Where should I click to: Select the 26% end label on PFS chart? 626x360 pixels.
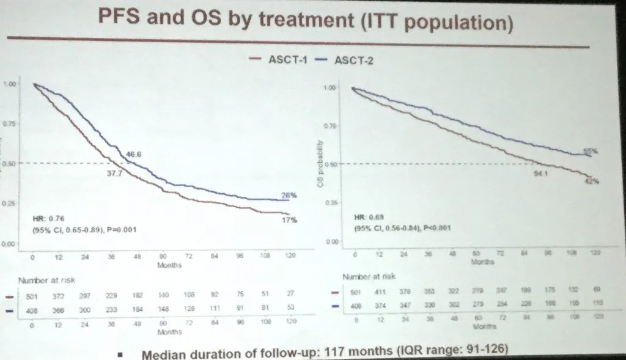click(x=289, y=196)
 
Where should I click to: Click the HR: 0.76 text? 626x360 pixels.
click(x=46, y=218)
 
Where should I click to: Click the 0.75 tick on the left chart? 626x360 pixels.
click(x=10, y=123)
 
